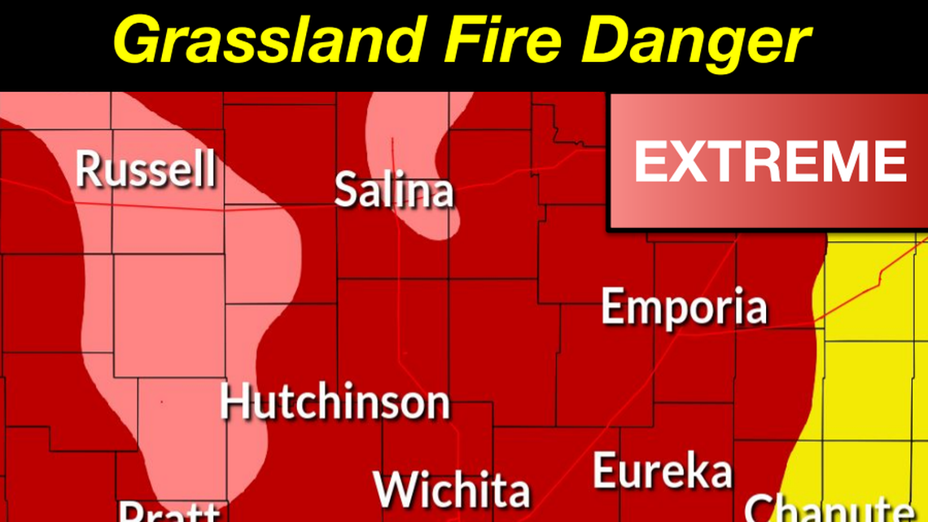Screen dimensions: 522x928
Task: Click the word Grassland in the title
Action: coord(269,40)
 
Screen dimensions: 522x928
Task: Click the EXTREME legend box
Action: coord(768,161)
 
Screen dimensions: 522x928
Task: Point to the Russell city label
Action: coord(146,169)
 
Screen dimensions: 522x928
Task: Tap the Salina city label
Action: coord(394,191)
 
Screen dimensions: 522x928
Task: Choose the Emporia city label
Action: coord(684,307)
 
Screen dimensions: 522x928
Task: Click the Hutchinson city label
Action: coord(335,402)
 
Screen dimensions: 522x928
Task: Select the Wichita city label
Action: coord(452,489)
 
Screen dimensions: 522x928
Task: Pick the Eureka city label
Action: coord(663,472)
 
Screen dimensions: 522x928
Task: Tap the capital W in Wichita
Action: coord(392,489)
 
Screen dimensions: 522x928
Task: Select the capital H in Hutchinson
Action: coord(235,402)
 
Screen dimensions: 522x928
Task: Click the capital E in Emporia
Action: coord(613,307)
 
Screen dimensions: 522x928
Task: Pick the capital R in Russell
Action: coord(88,169)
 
